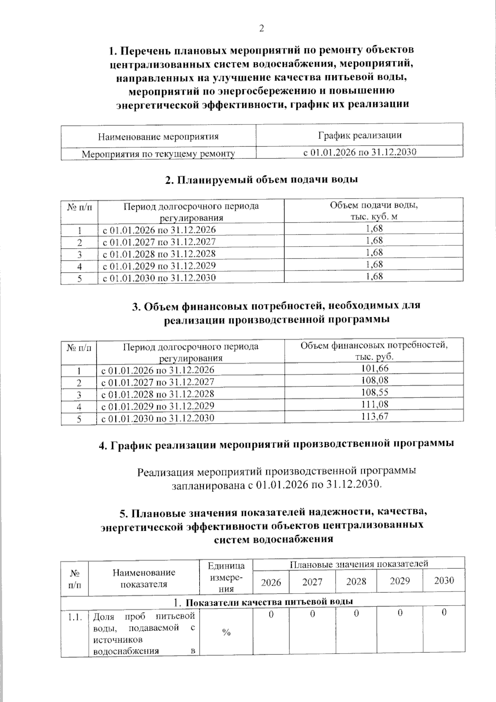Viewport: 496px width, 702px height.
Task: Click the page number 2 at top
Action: click(261, 29)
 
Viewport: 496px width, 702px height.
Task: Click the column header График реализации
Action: click(360, 135)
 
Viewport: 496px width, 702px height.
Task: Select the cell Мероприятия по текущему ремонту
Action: click(158, 154)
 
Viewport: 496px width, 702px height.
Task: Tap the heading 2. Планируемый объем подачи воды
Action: click(261, 180)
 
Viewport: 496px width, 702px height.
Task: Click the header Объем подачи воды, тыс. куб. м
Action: click(374, 211)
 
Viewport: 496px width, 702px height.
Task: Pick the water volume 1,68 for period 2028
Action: click(374, 252)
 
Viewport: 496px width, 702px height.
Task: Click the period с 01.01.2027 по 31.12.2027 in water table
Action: click(159, 242)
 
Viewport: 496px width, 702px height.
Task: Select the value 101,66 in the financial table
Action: click(374, 368)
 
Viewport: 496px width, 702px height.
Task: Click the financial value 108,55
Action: click(374, 392)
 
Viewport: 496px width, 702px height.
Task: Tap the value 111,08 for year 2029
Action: click(374, 404)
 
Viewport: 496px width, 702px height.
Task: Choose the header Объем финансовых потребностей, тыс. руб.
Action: click(374, 350)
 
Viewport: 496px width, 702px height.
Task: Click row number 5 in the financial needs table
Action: click(79, 419)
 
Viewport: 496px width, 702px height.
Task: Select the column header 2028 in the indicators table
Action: click(356, 581)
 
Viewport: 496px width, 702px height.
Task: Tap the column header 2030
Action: click(444, 580)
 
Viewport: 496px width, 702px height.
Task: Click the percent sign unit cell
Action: click(226, 633)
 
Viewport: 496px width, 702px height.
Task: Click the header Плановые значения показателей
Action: click(358, 563)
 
